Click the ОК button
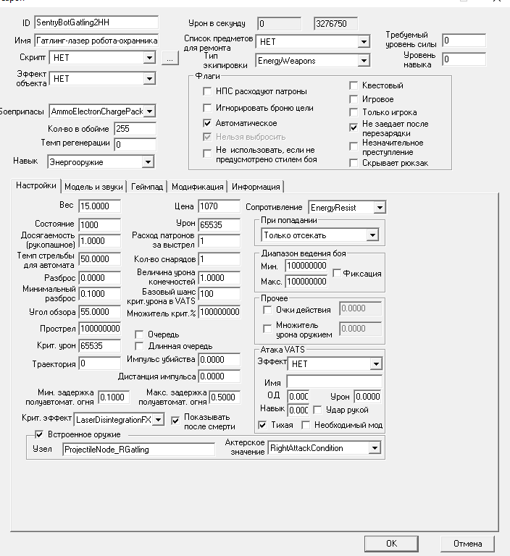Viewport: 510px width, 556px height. (391, 543)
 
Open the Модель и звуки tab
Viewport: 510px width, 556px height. (94, 186)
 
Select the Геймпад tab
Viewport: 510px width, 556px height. (147, 186)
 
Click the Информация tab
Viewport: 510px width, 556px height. (255, 186)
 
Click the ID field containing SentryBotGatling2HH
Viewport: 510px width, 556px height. (95, 22)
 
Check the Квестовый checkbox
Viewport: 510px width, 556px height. (354, 85)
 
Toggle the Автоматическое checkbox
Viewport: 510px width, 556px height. (207, 123)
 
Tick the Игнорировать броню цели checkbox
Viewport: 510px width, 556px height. (207, 108)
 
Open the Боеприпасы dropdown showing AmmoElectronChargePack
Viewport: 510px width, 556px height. (101, 111)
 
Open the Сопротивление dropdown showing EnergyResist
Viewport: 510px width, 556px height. (347, 208)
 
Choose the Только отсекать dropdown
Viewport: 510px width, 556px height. (320, 235)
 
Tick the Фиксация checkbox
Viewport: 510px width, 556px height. (337, 274)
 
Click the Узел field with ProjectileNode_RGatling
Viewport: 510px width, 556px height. (138, 450)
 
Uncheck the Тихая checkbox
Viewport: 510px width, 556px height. (263, 425)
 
